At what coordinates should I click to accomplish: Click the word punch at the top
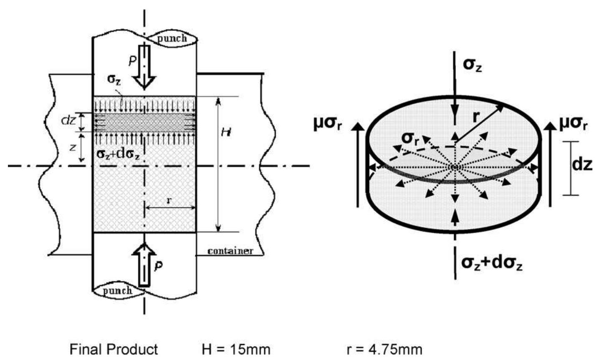click(172, 38)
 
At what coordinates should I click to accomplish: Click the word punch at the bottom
click(117, 290)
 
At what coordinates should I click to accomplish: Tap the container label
click(230, 251)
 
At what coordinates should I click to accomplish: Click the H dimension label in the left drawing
click(227, 133)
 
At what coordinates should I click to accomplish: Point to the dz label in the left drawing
click(68, 121)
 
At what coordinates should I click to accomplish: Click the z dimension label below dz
click(73, 147)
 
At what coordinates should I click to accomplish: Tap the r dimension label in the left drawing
click(169, 200)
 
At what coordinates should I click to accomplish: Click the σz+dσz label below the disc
click(491, 264)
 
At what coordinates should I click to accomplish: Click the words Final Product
click(114, 350)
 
